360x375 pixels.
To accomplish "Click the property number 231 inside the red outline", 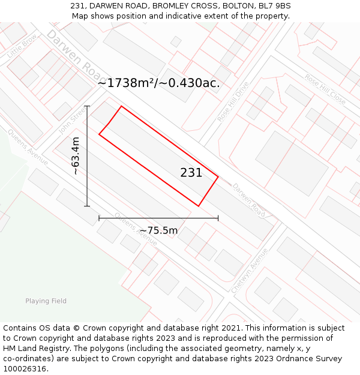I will coord(191,173).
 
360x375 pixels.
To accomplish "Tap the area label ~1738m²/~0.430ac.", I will coord(158,83).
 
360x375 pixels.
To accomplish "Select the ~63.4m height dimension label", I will coord(76,156).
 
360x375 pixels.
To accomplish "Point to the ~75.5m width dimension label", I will coord(158,230).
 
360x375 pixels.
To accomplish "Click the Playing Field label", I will coord(46,301).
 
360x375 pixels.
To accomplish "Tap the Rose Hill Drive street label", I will coord(233,102).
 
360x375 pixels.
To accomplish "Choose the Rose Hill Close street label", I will coord(325,89).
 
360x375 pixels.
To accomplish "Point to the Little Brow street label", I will coord(22,46).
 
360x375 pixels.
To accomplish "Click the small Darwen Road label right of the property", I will coord(248,200).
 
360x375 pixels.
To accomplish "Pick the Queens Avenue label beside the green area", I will coord(28,146).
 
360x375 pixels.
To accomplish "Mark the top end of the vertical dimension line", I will coord(87,106).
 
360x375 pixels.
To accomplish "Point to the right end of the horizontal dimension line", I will coord(218,218).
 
